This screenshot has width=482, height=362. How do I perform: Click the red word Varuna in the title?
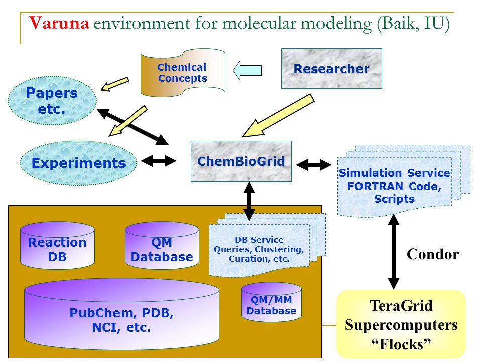59,23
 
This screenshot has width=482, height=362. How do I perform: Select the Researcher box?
331,69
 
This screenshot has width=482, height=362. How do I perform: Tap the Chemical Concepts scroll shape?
183,72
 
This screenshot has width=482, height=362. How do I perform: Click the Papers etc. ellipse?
52,101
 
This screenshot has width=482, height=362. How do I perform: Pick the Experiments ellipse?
78,163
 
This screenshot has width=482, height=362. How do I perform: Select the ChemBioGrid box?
241,161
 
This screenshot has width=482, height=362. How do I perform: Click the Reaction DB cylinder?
57,246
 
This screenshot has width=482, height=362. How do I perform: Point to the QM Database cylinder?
162,246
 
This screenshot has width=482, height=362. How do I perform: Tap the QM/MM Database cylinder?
271,302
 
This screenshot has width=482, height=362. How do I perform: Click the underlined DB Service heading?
259,240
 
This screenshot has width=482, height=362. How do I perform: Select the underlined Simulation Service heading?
395,173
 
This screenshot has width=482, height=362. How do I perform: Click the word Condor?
433,254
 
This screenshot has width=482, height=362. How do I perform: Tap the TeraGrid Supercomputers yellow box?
401,324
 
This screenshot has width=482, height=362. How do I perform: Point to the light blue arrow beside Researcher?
248,70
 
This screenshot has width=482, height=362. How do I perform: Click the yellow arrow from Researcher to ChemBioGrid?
278,116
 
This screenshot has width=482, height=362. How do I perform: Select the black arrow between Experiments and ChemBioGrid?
159,161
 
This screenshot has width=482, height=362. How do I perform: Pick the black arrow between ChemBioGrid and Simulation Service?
314,165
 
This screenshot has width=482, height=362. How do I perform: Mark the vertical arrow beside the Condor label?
394,251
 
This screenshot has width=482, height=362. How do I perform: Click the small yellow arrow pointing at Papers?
114,84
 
